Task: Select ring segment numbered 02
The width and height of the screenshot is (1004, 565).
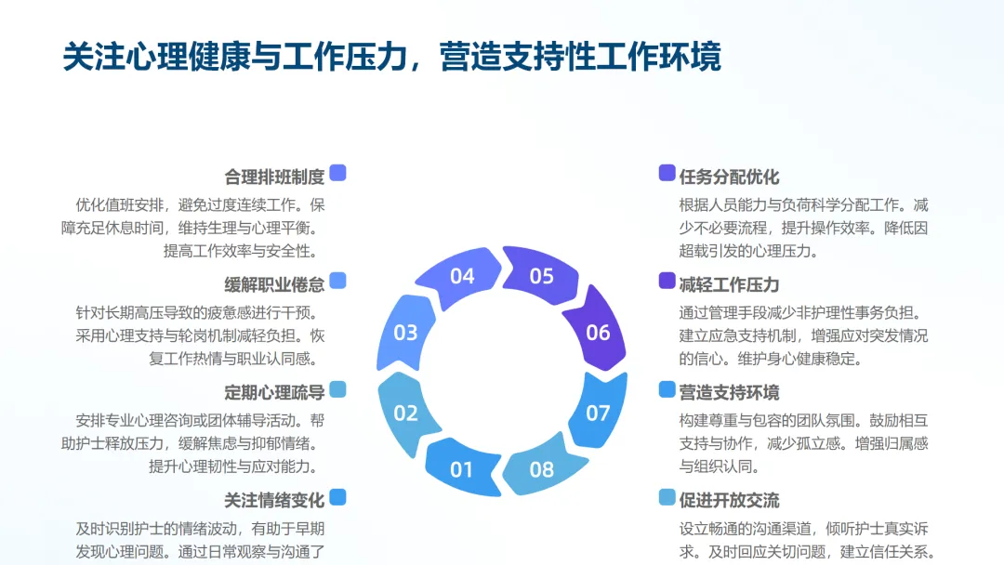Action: (405, 413)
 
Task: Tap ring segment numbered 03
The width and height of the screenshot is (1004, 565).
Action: (405, 333)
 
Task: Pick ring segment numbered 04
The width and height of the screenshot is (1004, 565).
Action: (462, 276)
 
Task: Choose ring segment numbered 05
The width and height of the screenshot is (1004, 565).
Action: (542, 276)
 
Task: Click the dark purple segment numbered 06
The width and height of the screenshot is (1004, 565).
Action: (598, 333)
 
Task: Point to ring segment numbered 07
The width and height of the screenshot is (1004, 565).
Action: (598, 413)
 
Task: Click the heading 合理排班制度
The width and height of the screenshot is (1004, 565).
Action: (274, 177)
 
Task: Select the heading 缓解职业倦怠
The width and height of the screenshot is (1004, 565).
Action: (274, 284)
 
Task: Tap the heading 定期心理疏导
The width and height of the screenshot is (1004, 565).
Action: (274, 392)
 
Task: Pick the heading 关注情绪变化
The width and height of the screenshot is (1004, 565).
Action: (274, 500)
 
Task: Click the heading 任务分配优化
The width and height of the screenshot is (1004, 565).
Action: (729, 177)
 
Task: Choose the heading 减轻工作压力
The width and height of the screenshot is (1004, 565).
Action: (729, 284)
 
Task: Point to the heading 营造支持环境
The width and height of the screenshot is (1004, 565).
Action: (729, 392)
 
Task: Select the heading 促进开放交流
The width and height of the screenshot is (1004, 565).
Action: (729, 500)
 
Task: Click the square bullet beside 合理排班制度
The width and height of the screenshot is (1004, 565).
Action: (337, 173)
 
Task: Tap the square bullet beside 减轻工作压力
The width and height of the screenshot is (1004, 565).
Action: (667, 281)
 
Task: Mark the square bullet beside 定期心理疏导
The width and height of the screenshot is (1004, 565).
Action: (337, 388)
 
